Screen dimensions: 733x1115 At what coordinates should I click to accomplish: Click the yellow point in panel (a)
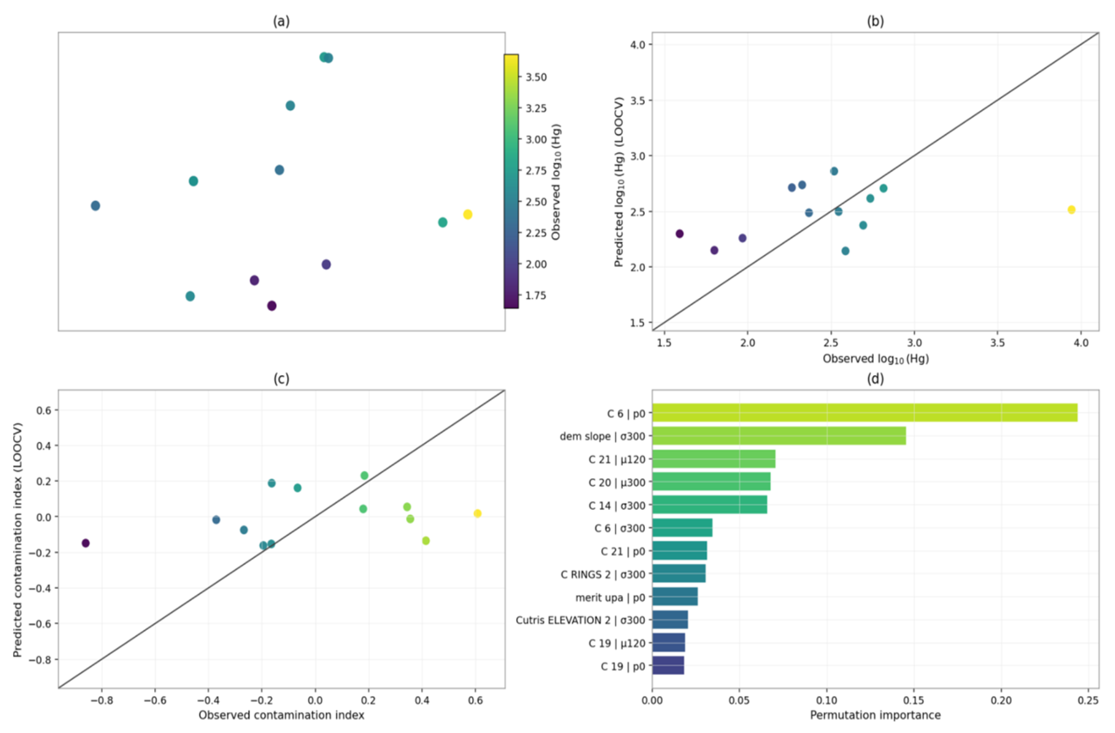(x=467, y=215)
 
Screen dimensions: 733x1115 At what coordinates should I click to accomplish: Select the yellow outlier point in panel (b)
(x=1071, y=210)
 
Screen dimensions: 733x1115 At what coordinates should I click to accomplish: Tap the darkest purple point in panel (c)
(x=86, y=543)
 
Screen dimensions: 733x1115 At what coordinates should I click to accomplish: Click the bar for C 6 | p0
(x=864, y=413)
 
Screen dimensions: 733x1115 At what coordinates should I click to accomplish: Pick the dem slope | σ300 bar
(x=779, y=436)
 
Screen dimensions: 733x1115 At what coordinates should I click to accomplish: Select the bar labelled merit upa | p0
(x=675, y=597)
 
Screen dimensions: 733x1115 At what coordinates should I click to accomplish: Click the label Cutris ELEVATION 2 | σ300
(x=580, y=620)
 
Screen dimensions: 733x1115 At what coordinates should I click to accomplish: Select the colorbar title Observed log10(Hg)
(x=556, y=182)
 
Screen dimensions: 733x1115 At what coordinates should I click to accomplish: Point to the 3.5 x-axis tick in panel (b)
(x=997, y=343)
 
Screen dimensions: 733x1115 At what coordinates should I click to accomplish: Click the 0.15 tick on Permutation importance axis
(x=914, y=701)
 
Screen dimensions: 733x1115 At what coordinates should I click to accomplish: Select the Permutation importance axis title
(x=875, y=715)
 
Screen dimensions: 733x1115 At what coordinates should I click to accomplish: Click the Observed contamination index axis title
(x=281, y=715)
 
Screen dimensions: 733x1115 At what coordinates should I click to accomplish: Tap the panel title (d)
(x=875, y=379)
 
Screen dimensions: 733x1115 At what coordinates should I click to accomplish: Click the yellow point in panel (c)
(x=478, y=514)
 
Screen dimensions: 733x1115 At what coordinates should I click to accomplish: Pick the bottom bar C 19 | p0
(x=668, y=666)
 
